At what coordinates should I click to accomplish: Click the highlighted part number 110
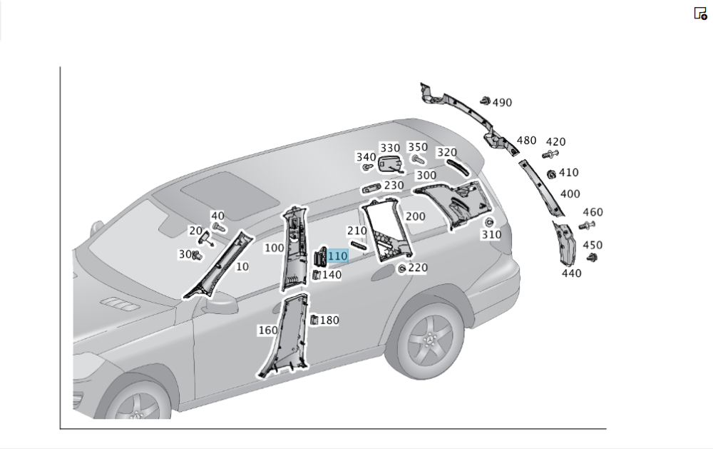point(337,256)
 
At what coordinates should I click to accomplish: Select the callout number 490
point(502,103)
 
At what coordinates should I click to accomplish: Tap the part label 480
point(526,141)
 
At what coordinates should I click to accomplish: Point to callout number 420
point(555,142)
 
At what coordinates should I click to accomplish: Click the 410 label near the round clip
point(568,173)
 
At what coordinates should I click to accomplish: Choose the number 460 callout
point(593,212)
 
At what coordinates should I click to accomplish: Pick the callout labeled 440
point(571,273)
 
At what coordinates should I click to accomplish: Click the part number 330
point(390,148)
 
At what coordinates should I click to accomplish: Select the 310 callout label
point(491,235)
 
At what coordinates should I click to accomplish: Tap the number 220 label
point(418,268)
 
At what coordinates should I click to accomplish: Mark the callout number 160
point(268,331)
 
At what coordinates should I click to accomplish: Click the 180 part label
point(329,321)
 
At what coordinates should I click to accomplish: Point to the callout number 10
point(242,267)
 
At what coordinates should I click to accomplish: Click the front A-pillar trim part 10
point(217,264)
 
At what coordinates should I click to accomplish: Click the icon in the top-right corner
point(700,13)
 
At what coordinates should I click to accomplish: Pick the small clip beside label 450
point(591,257)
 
